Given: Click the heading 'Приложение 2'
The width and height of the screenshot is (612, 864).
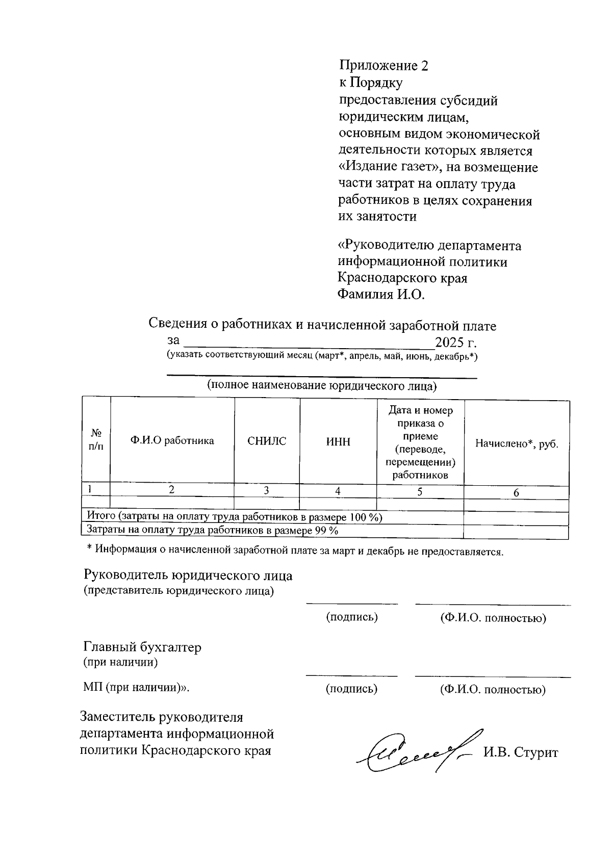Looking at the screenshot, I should click(384, 66).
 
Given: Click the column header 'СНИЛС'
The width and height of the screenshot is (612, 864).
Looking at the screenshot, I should click(267, 441).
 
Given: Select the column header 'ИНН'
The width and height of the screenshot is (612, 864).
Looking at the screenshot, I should click(338, 441).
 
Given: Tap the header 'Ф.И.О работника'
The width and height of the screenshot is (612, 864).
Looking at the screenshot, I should click(172, 441).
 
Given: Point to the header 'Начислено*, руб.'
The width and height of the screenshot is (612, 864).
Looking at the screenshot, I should click(517, 443).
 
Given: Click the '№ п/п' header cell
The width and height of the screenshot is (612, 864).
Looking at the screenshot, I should click(96, 440).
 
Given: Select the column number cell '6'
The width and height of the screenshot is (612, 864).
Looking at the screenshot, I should click(516, 493).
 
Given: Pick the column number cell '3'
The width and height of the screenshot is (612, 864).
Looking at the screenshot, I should click(266, 490).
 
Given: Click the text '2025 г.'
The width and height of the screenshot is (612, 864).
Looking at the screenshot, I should click(455, 342).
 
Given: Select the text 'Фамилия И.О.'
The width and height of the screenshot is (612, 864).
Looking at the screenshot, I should click(381, 294).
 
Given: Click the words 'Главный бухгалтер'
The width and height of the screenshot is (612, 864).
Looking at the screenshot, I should click(142, 647).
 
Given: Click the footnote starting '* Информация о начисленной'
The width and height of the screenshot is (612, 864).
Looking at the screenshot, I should click(295, 551).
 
